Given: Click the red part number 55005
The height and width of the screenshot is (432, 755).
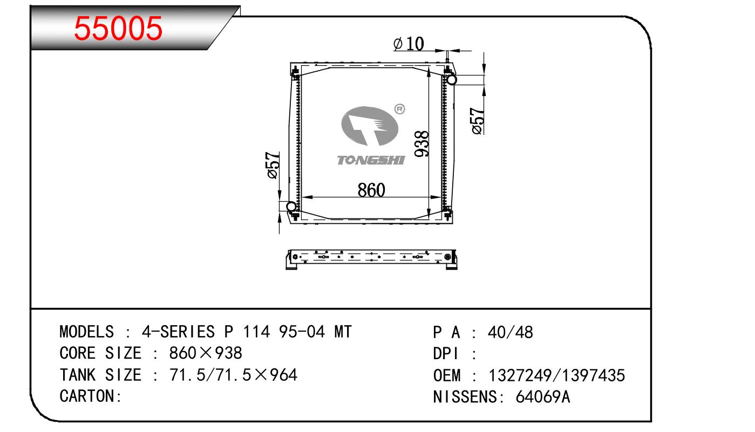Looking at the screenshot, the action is [x=118, y=29].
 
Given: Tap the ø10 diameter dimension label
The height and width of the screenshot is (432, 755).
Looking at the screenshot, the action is [x=409, y=44].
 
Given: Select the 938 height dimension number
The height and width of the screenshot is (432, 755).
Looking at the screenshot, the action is [x=421, y=144].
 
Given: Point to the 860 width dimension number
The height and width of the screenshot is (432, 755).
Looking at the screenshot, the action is [x=371, y=190].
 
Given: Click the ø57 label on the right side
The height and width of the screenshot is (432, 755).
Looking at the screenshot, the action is [x=478, y=121].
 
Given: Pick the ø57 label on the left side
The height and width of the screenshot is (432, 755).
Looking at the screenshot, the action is [x=274, y=166].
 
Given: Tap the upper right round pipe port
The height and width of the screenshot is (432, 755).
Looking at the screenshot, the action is [x=451, y=80].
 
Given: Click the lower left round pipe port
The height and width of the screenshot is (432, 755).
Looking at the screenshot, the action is [x=291, y=206].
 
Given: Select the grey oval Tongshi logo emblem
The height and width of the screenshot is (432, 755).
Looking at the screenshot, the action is [x=370, y=126].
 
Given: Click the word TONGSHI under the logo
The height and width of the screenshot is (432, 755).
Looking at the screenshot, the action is [x=371, y=160].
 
